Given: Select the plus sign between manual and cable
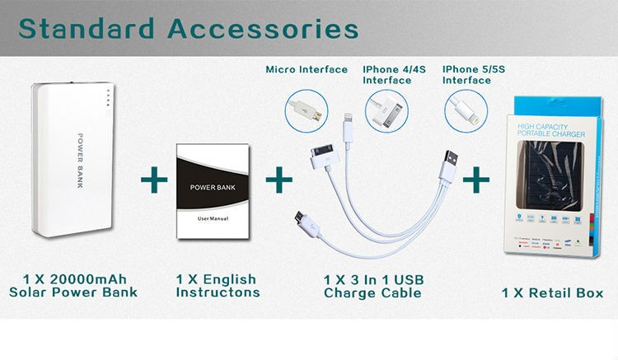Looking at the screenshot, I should [279, 177].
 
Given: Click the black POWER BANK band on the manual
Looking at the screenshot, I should [213, 187].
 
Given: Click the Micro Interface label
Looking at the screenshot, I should [307, 70].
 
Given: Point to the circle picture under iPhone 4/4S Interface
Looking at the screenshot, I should [385, 110].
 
